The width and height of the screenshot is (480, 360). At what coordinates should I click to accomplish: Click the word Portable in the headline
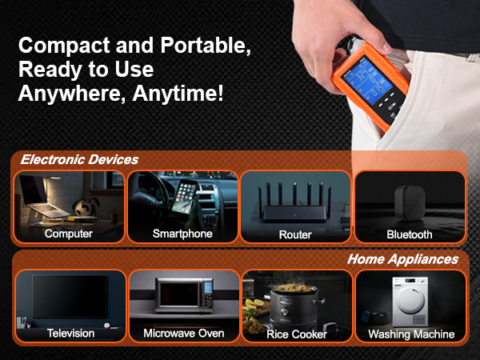coord(206,46)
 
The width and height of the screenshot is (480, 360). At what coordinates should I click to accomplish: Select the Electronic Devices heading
coord(79,159)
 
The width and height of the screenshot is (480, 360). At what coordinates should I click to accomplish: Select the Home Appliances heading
coord(402,259)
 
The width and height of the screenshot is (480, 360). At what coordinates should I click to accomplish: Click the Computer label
coord(69,234)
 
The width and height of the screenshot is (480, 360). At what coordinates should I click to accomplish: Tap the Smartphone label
coord(182,234)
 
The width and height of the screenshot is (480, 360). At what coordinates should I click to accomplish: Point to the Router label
coord(295,234)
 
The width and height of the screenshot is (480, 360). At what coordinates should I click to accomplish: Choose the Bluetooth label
coord(410,234)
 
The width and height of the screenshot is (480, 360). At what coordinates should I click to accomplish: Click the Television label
coord(70,334)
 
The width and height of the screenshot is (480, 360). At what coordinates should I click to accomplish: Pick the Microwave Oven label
coord(184,334)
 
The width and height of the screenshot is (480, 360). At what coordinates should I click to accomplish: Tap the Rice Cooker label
coord(297,334)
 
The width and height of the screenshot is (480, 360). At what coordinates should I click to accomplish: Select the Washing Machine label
coord(411,334)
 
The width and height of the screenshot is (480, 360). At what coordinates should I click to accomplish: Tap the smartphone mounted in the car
coord(184,196)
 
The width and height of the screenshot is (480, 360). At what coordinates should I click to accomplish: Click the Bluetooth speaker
coord(410,202)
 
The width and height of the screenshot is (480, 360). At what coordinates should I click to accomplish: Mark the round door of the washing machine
coord(411,300)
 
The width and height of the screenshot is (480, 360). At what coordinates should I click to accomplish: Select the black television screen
coord(70,296)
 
